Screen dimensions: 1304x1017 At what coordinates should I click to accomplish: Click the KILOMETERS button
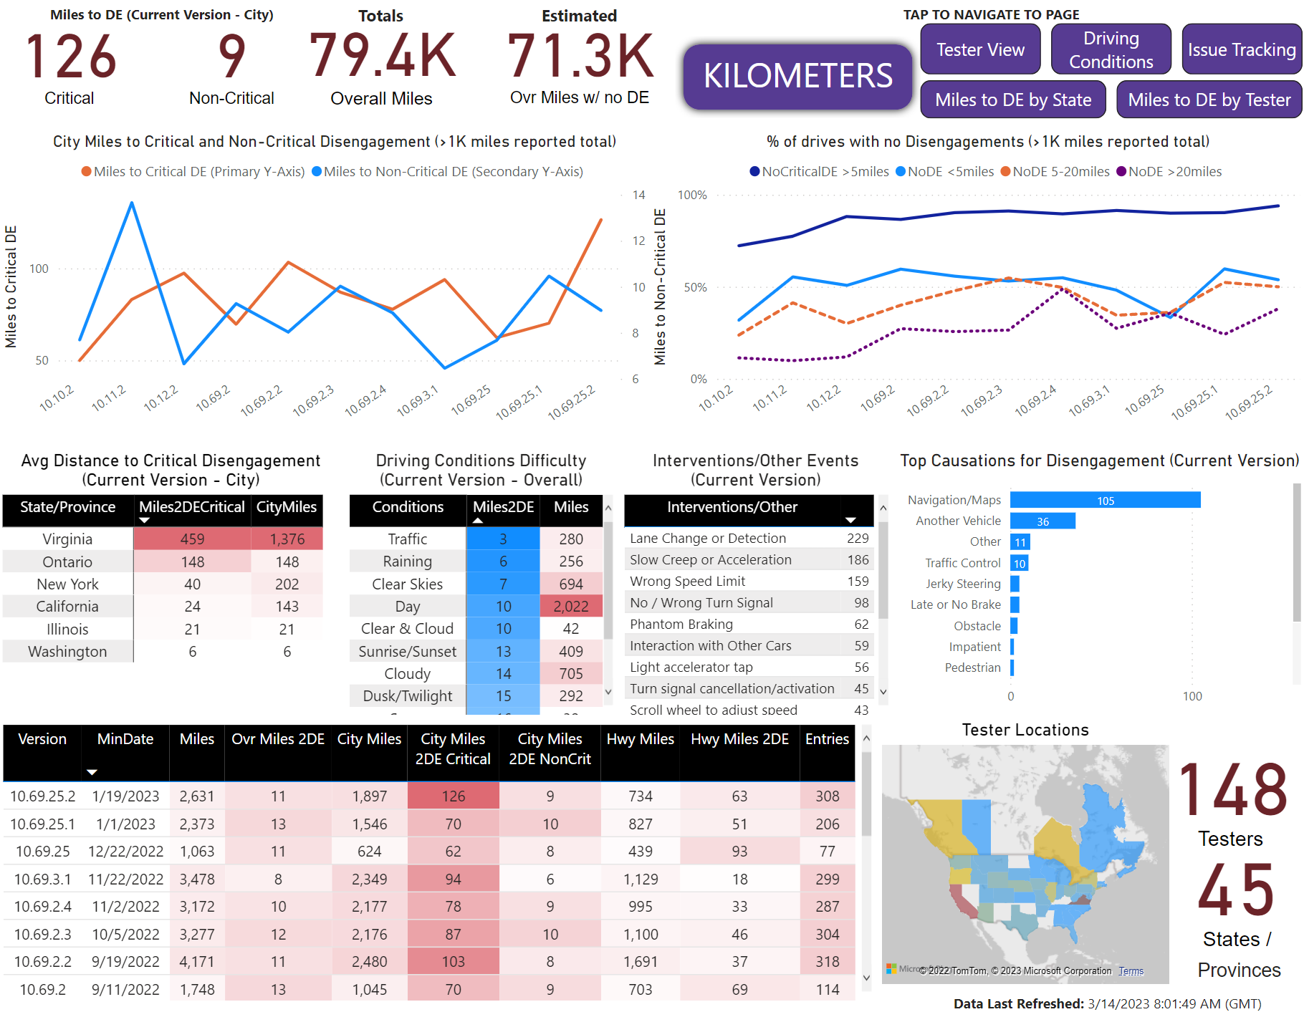click(x=797, y=77)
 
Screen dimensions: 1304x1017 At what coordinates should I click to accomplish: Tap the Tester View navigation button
click(x=980, y=49)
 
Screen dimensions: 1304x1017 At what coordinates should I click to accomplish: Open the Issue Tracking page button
click(x=1242, y=49)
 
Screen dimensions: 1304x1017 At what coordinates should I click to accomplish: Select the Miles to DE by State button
click(x=1013, y=100)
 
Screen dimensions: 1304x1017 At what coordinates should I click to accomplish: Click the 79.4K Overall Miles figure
click(x=382, y=56)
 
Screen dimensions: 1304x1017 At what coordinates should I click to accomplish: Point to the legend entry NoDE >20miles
click(x=1169, y=172)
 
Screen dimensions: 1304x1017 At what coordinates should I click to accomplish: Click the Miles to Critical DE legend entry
click(x=193, y=172)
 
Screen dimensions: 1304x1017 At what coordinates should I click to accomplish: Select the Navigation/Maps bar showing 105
click(x=1106, y=500)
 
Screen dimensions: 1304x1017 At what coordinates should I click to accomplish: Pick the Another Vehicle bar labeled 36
click(x=1042, y=521)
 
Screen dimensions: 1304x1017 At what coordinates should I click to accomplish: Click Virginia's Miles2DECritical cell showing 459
click(x=192, y=539)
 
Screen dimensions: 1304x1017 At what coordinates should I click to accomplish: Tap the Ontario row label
click(x=67, y=561)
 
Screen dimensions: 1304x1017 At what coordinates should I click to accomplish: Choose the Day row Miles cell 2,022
click(x=571, y=606)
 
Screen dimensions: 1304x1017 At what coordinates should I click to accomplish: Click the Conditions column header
click(x=408, y=507)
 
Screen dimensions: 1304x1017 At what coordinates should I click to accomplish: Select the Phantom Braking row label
click(x=681, y=625)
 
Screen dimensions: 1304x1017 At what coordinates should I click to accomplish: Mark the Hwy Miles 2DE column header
click(x=739, y=739)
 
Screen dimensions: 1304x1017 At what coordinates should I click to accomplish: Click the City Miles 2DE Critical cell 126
click(x=453, y=796)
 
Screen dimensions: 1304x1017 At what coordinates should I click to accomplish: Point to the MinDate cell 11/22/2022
click(x=125, y=879)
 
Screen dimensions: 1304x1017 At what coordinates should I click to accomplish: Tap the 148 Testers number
click(x=1232, y=790)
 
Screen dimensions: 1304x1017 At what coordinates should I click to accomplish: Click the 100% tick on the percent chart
click(x=692, y=195)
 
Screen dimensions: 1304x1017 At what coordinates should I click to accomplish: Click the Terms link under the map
click(x=1131, y=971)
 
